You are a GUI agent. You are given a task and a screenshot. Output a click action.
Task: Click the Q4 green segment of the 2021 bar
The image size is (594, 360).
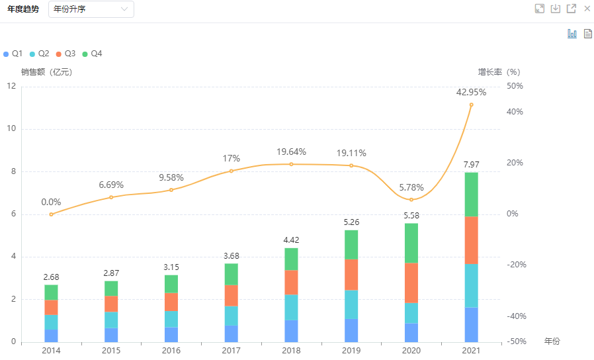point(471,194)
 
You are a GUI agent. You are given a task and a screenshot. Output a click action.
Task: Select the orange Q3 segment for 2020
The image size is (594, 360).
point(411,283)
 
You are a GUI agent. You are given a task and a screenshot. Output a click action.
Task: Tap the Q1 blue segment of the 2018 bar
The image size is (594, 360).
point(291,331)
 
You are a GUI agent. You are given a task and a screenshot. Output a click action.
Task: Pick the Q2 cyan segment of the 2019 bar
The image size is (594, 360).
point(351,304)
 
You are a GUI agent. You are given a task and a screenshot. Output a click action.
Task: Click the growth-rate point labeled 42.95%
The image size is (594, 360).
point(471,105)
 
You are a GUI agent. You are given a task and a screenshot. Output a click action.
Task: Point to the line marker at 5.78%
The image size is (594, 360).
point(411,200)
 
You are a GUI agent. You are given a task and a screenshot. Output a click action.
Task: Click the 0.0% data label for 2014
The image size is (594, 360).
point(51,202)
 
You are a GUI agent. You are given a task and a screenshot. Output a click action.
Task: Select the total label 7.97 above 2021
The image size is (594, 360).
point(471,165)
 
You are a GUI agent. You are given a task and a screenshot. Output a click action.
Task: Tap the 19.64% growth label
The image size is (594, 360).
point(292,152)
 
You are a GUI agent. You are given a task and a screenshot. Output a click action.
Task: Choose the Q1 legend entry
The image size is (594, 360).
point(13,54)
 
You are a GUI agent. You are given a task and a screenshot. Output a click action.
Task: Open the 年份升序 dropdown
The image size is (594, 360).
point(91,9)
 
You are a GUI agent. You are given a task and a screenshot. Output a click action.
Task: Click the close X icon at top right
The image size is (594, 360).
point(587,9)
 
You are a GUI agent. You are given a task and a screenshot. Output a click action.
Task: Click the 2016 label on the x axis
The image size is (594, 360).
point(171,349)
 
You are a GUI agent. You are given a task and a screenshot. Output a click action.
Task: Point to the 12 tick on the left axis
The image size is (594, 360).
point(11,86)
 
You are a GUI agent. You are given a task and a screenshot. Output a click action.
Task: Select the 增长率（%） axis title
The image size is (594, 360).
point(499,72)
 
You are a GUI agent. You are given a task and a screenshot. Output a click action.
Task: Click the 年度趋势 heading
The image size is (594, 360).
point(23,9)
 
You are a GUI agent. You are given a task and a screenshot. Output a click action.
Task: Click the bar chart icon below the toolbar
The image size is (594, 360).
point(572,34)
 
